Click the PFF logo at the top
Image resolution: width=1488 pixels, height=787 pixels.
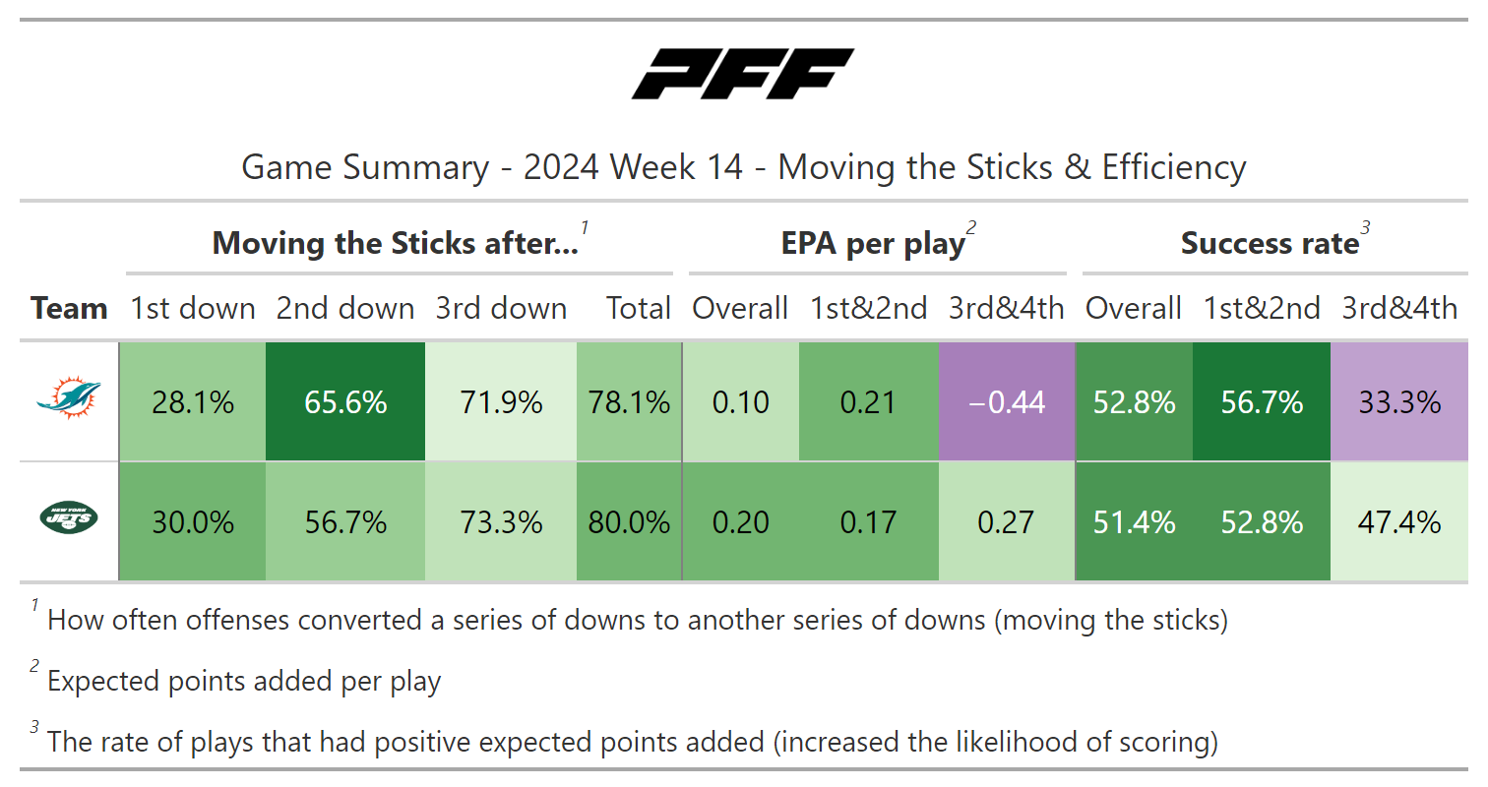coord(743,75)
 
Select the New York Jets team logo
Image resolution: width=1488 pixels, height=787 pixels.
coord(68,519)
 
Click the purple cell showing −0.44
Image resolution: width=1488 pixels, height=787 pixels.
coord(1006,401)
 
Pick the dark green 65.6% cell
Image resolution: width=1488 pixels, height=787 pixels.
coord(345,401)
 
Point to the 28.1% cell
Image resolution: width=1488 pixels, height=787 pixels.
coord(193,401)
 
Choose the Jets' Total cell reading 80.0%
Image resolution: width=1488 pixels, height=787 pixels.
coord(629,521)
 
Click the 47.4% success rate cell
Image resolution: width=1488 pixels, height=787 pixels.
coord(1398,521)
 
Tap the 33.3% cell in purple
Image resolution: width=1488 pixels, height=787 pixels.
coord(1398,401)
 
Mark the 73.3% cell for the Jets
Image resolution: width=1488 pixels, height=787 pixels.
coord(501,521)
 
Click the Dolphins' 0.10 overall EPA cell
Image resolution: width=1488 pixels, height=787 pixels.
coord(740,401)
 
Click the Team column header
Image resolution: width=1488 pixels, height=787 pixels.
coord(69,309)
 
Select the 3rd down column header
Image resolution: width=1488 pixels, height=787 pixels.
coord(501,309)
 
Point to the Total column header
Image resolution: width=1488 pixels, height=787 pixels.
coord(639,309)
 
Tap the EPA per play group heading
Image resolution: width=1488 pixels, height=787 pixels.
coord(873,244)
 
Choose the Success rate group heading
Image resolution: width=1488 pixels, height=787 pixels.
coord(1270,244)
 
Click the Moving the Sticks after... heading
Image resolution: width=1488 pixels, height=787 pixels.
coord(396,244)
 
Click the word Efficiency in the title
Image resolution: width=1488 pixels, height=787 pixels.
coord(1173,167)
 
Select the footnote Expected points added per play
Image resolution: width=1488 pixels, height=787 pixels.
coord(244,681)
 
